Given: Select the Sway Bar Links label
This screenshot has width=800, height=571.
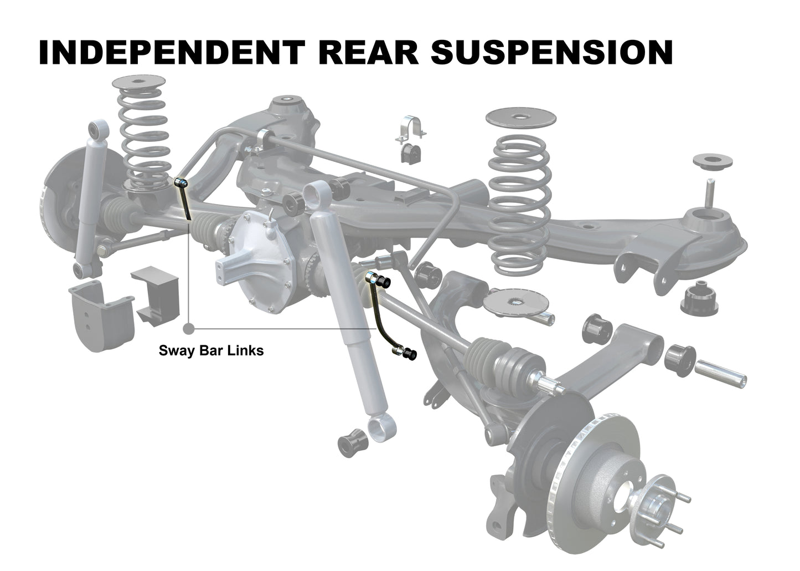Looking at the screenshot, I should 211,351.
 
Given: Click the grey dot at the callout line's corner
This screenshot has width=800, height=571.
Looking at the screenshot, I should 190,328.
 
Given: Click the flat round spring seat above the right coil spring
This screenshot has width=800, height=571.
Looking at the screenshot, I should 521,118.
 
